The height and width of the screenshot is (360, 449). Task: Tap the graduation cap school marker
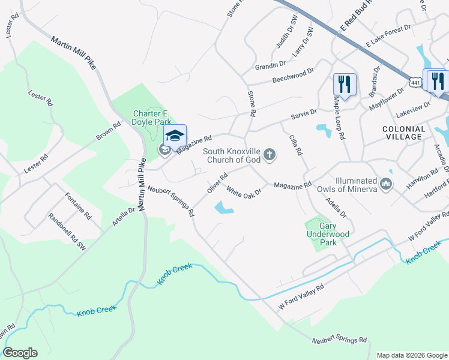(175, 136)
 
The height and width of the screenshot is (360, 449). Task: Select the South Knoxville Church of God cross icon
(270, 155)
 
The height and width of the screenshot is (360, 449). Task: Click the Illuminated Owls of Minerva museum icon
(386, 182)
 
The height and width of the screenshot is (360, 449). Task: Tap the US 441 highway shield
(415, 80)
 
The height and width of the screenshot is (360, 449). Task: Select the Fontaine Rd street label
(77, 207)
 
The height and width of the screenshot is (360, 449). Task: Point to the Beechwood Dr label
(293, 75)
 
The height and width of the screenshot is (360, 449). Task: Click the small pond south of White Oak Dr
(223, 208)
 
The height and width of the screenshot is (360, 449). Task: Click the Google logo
(20, 353)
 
